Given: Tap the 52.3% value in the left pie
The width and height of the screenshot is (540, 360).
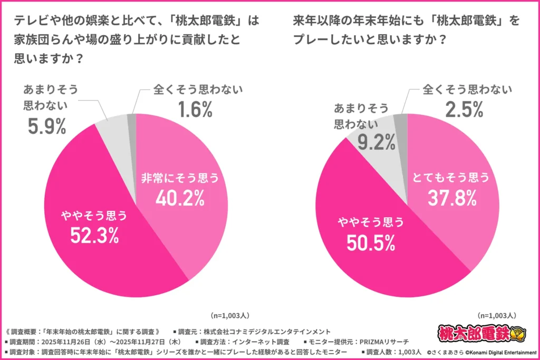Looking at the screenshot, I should [94, 236].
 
